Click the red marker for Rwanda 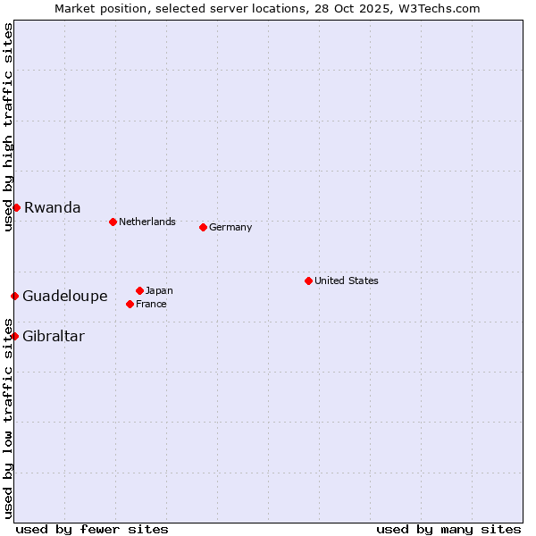click(16, 207)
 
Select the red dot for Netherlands click(113, 222)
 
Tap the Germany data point click(203, 227)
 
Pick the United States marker click(308, 281)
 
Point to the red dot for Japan click(139, 290)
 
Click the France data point click(130, 304)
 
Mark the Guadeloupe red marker click(14, 296)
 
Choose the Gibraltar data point click(14, 336)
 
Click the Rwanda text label click(52, 207)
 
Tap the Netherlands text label click(147, 222)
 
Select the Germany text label click(230, 227)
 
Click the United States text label click(347, 281)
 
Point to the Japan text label click(159, 290)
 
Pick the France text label click(151, 304)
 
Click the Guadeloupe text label click(64, 296)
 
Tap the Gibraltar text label click(54, 336)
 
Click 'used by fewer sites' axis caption click(92, 529)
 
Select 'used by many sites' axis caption click(448, 529)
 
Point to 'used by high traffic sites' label click(8, 127)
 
